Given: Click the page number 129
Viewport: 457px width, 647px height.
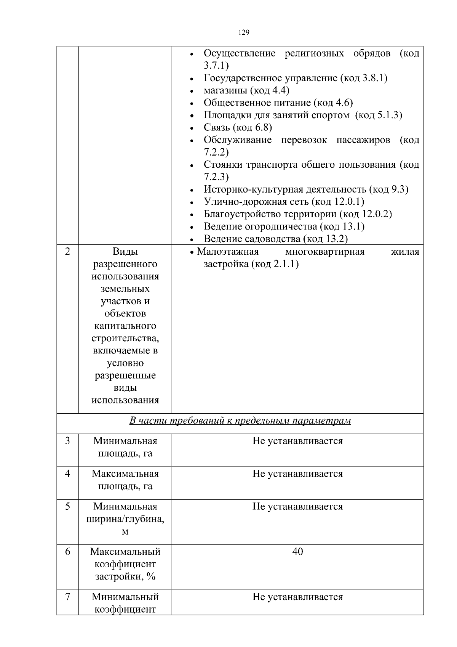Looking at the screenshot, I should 244,32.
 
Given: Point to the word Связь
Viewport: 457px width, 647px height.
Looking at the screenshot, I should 217,128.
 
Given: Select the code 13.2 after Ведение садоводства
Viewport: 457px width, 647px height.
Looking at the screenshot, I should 336,239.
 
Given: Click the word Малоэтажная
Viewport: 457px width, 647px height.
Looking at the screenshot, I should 228,252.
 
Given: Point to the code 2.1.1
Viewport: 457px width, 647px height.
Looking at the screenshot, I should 285,264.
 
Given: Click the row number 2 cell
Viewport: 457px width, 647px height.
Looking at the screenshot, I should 68,252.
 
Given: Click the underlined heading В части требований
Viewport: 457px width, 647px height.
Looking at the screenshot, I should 240,421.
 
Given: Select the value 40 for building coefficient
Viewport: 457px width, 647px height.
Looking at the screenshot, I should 297,552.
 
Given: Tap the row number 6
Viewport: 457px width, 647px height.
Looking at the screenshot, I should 68,552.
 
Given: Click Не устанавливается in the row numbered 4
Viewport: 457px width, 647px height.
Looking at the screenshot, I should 297,474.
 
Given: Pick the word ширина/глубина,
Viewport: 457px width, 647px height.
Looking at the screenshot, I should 125,519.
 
